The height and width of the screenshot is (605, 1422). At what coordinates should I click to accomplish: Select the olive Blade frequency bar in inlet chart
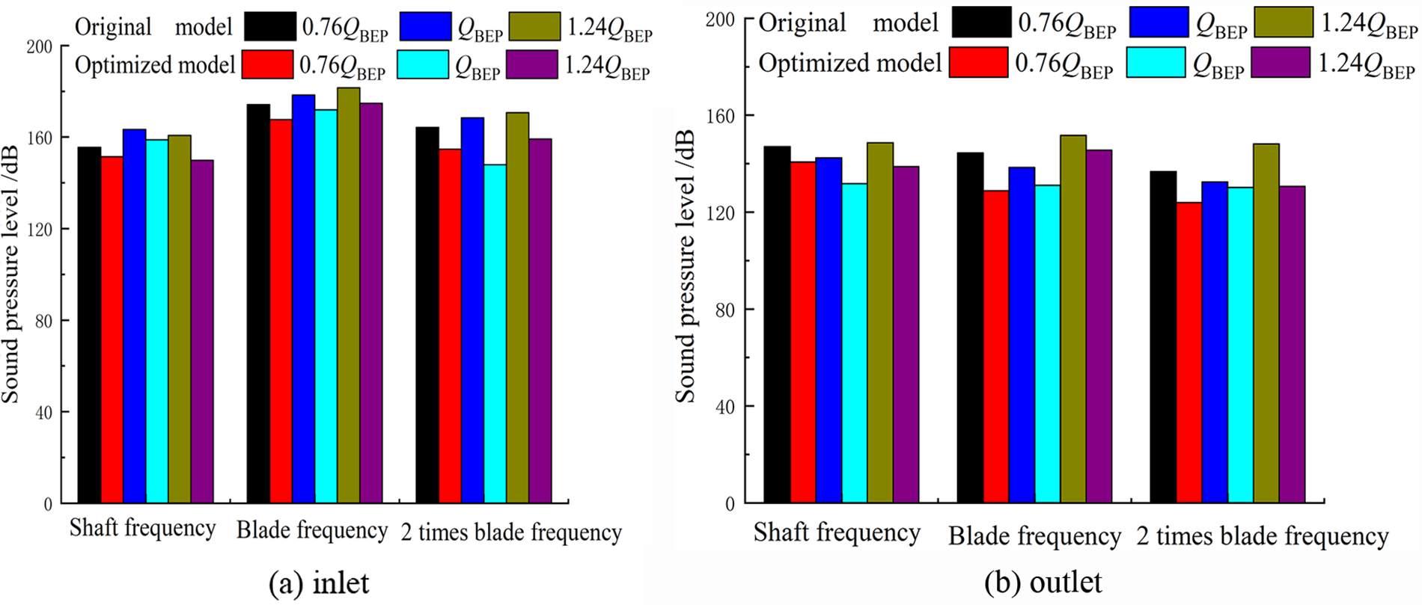click(349, 295)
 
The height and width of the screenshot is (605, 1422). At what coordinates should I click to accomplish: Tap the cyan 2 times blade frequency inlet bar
click(495, 334)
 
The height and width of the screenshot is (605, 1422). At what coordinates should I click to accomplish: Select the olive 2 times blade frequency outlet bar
click(1266, 323)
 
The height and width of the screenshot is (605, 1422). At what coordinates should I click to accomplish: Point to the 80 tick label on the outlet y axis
click(723, 310)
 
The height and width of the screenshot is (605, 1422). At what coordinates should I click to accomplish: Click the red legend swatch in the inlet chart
click(267, 65)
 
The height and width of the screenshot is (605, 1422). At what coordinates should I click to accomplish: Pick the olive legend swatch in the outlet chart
click(1284, 22)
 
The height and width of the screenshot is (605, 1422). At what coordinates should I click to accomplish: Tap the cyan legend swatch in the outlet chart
click(1156, 63)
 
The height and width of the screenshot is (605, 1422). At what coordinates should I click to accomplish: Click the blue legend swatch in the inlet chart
click(425, 27)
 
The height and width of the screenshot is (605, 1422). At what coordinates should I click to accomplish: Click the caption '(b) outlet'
click(1044, 582)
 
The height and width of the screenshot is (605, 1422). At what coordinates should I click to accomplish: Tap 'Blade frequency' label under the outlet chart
click(1034, 537)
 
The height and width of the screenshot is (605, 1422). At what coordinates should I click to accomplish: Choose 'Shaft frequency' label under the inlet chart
click(142, 529)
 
